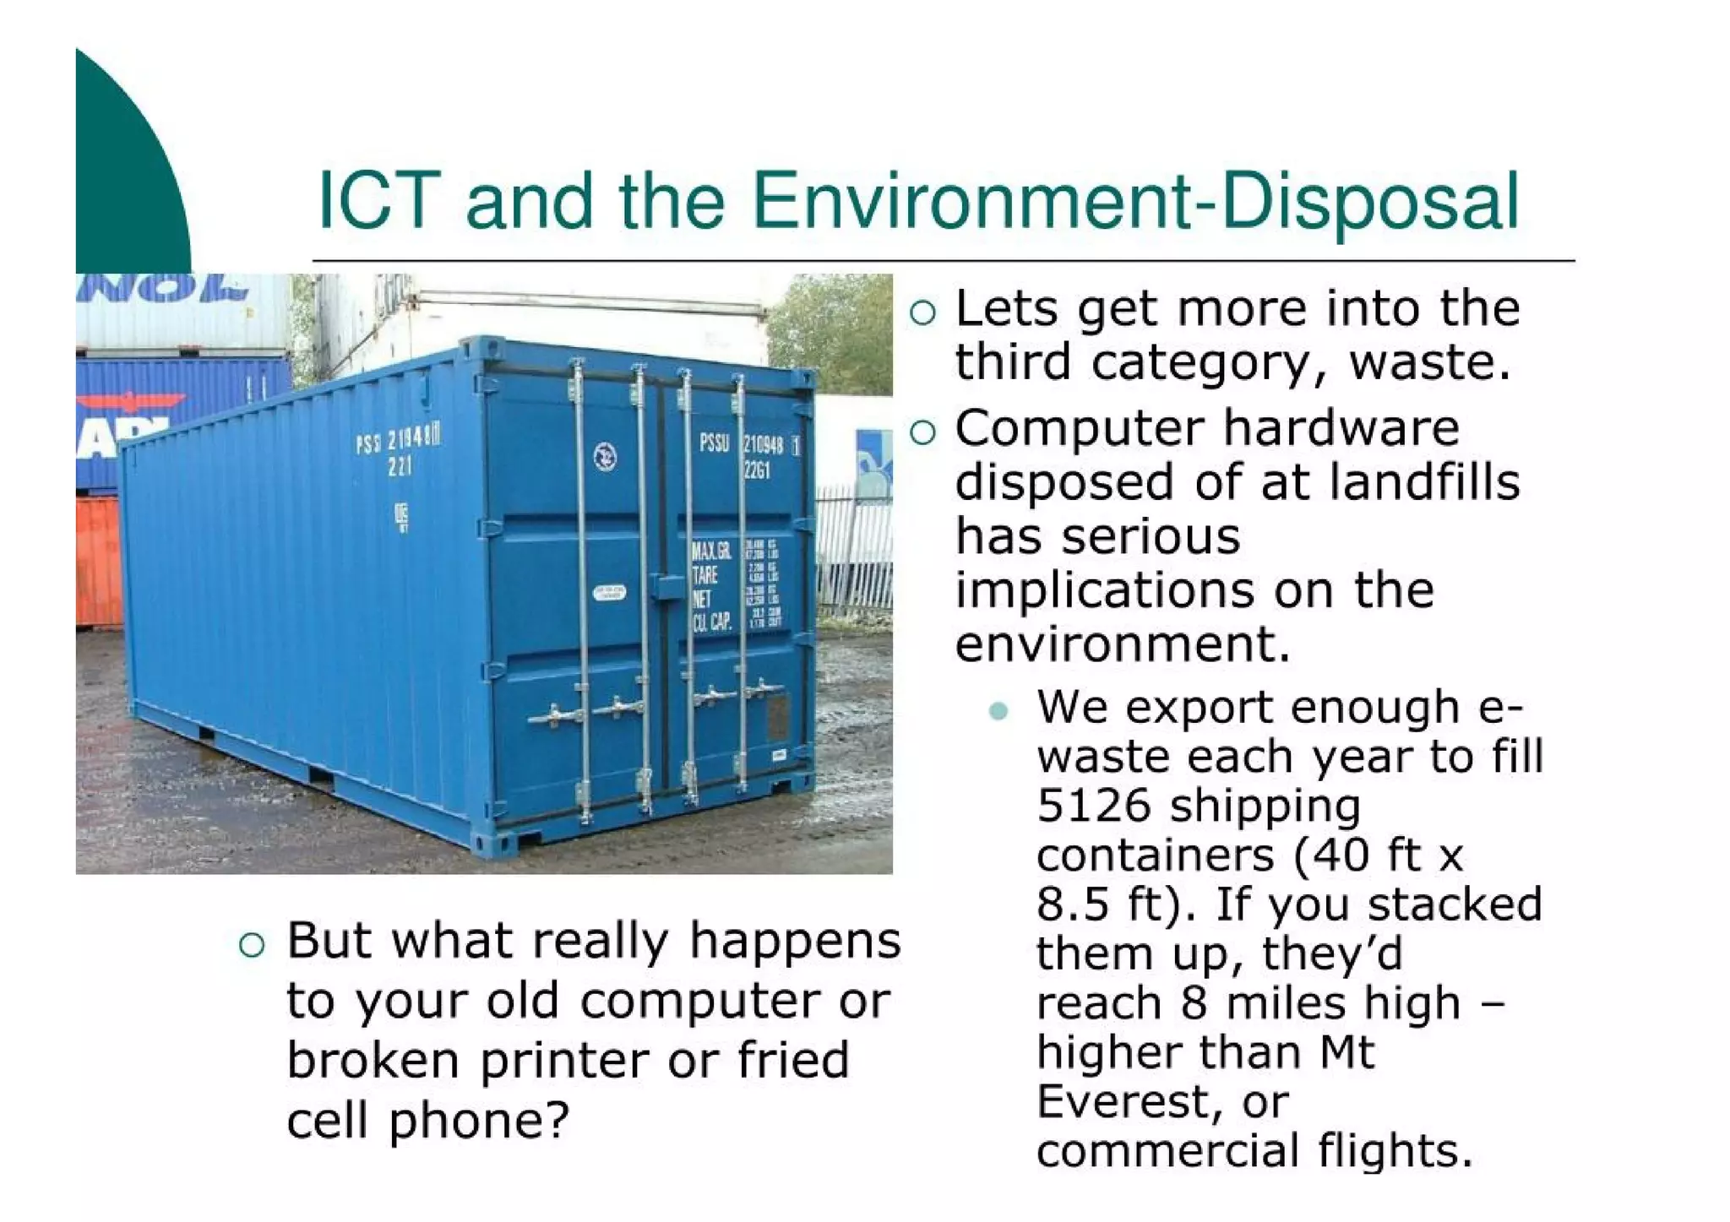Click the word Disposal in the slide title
tap(1370, 203)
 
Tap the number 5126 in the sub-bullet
tap(1093, 806)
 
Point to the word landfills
tap(1424, 482)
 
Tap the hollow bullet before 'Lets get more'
tap(923, 313)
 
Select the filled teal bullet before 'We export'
tap(998, 710)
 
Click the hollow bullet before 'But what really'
tap(252, 945)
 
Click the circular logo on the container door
tap(605, 457)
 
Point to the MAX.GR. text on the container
tap(711, 552)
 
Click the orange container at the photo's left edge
tap(98, 562)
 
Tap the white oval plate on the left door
tap(608, 593)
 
